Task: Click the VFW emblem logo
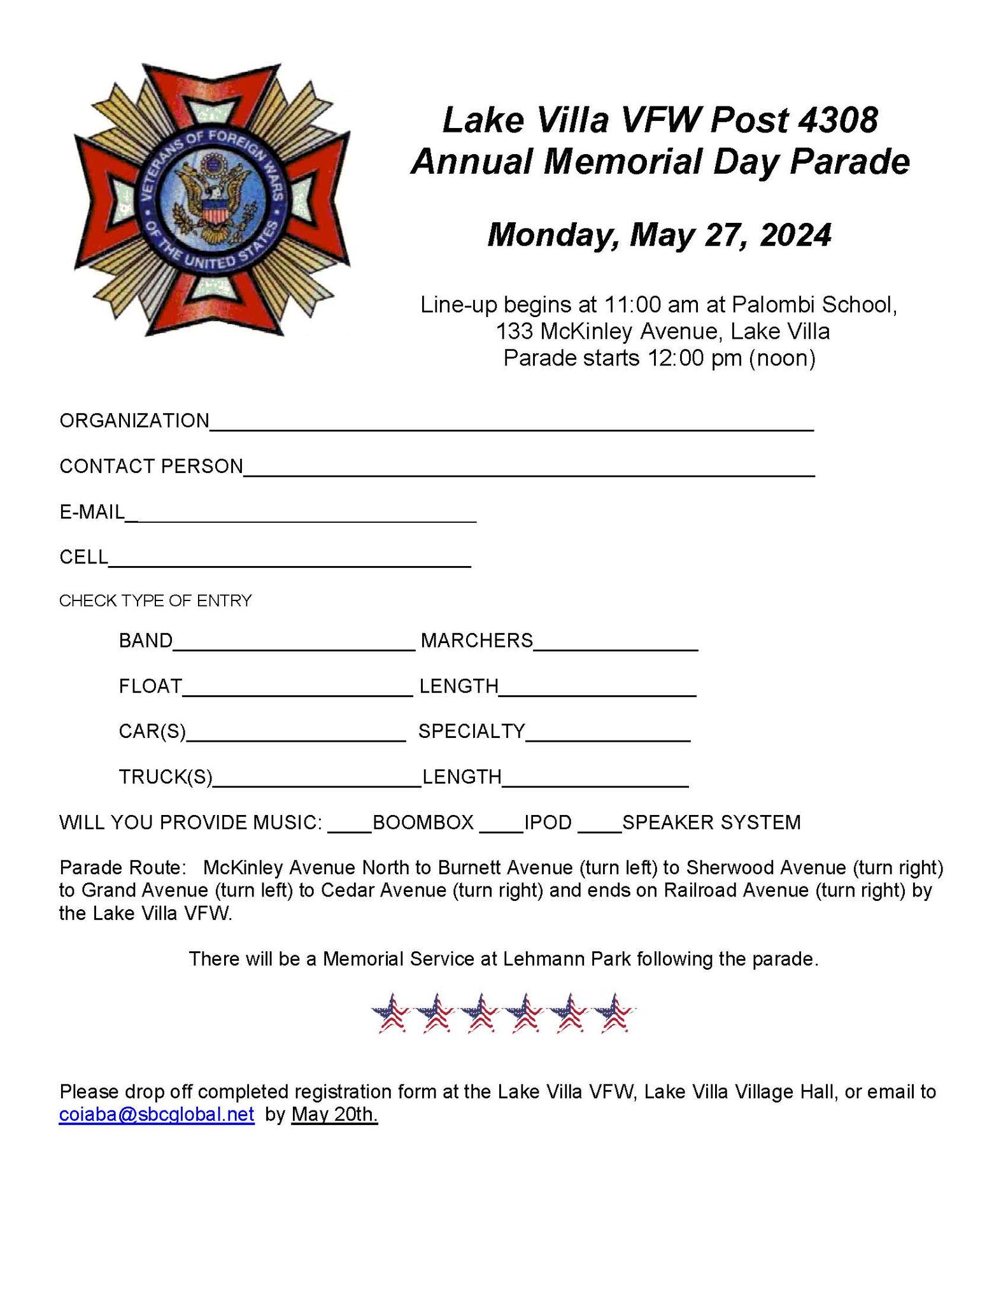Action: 212,199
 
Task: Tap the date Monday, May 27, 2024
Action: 659,234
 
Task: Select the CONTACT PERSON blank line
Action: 529,471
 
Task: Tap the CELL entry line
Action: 290,562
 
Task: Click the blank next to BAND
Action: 294,645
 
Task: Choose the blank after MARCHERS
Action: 616,645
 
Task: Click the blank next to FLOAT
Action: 297,691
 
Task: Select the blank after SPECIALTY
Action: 608,736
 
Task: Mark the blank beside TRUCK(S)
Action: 316,782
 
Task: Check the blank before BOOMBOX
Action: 350,826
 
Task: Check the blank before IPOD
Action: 501,826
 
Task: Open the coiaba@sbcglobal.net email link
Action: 157,1114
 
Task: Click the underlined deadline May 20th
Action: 334,1114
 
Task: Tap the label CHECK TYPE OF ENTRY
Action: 155,600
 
